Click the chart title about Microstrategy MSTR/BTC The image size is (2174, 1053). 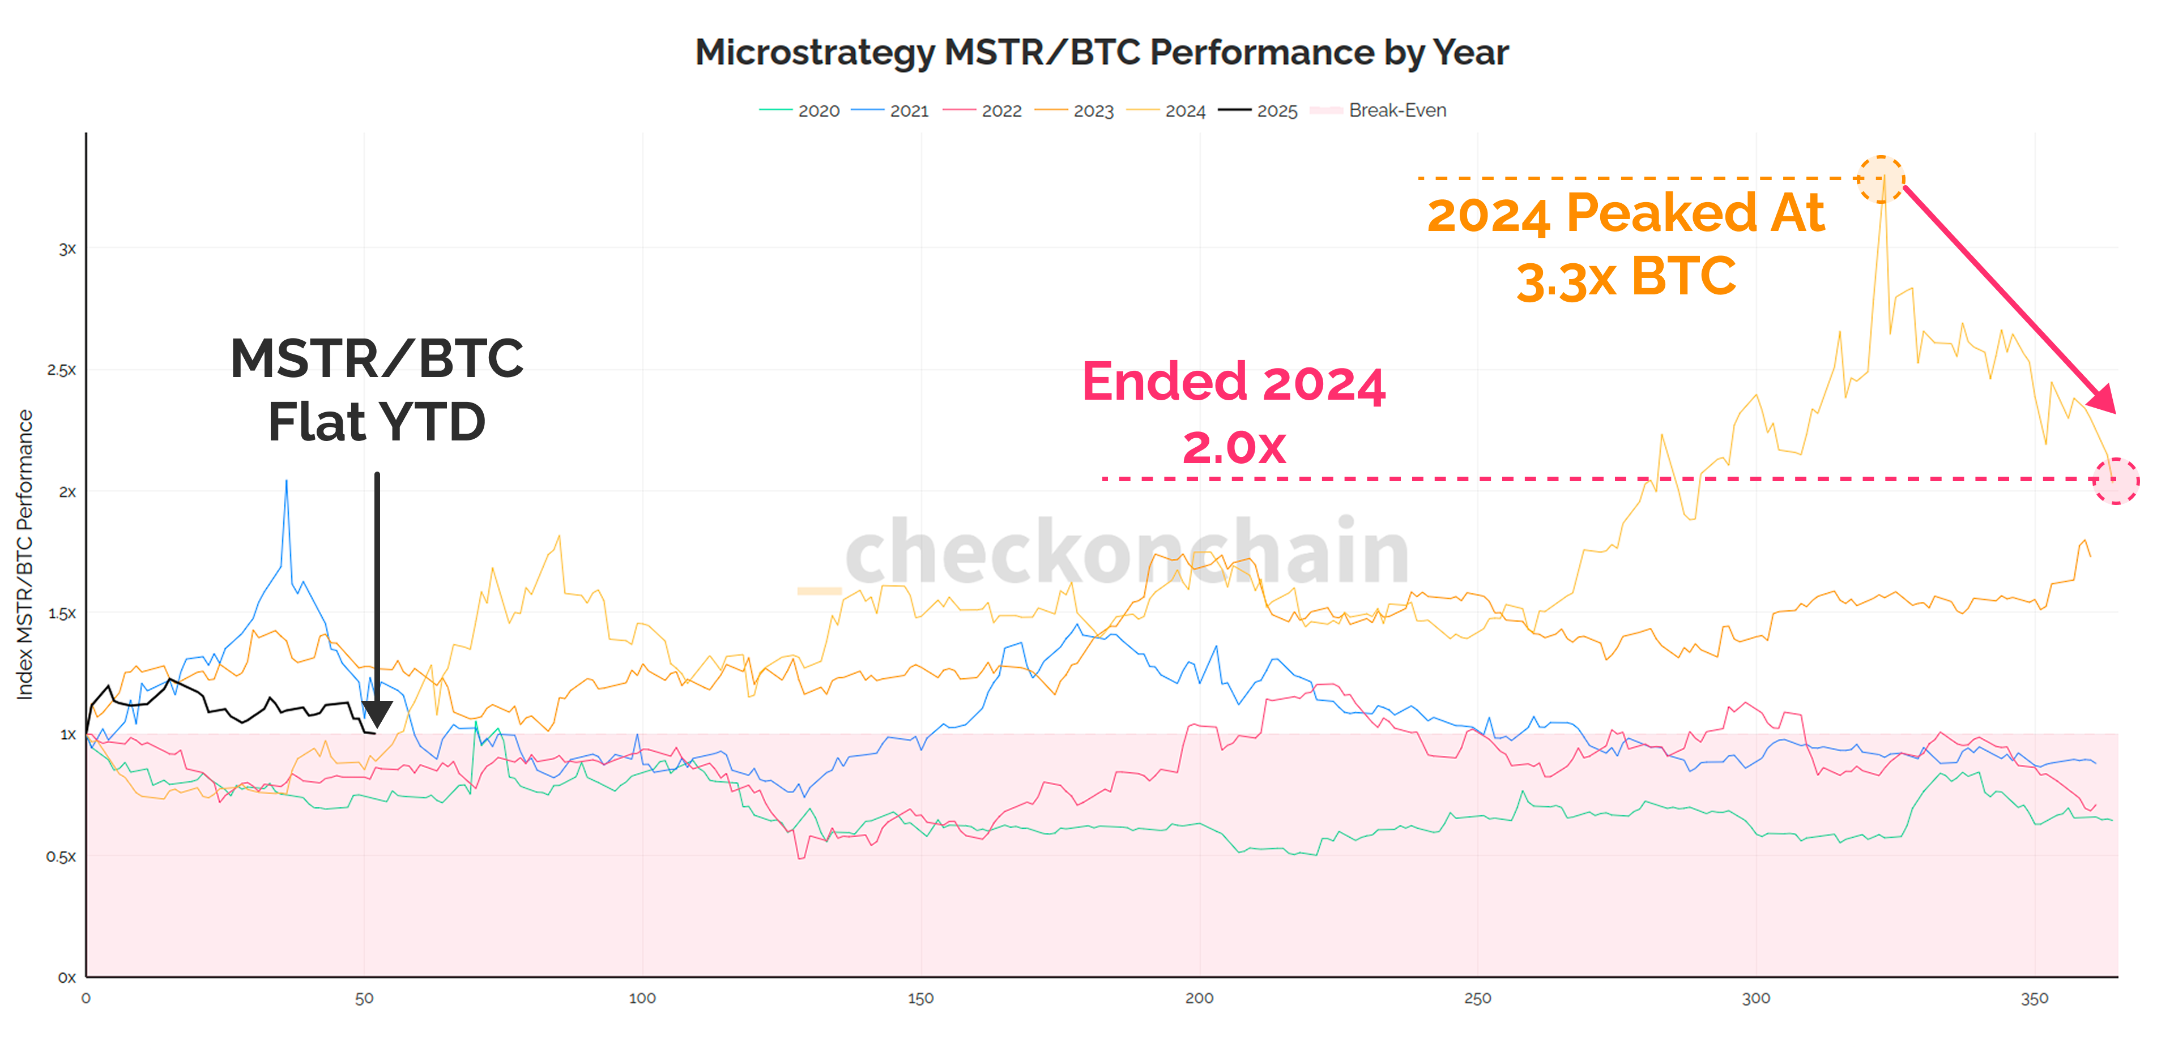coord(1101,52)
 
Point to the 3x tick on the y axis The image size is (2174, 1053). coord(67,249)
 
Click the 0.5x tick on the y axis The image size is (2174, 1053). coord(61,857)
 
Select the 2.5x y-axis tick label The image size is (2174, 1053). coord(61,370)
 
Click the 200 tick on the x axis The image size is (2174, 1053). coord(1199,998)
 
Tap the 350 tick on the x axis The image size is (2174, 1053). coord(2034,998)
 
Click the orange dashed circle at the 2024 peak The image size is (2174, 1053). coord(1881,179)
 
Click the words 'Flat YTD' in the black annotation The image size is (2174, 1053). coord(376,421)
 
